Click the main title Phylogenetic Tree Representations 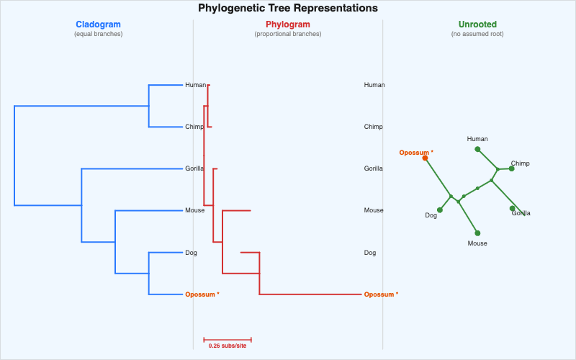click(288, 9)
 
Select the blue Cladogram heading click(98, 24)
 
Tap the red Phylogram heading click(288, 24)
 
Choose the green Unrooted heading click(477, 24)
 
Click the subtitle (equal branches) click(98, 34)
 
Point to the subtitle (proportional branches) click(288, 34)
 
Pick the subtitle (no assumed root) click(477, 34)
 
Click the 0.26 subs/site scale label click(228, 346)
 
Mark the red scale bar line click(228, 339)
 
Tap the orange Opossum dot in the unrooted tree click(425, 158)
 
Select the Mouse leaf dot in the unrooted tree click(477, 233)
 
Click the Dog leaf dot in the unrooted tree click(440, 210)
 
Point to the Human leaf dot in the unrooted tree click(477, 149)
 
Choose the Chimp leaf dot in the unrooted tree click(511, 168)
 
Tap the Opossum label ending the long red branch click(381, 294)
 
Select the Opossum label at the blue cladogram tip click(202, 294)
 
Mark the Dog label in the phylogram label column click(370, 253)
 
